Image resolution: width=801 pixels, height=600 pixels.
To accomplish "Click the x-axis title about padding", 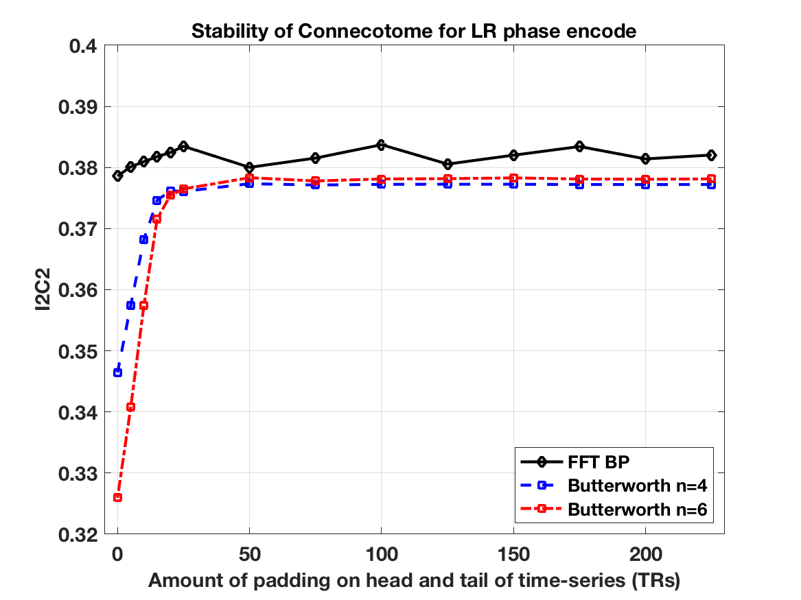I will pos(414,581).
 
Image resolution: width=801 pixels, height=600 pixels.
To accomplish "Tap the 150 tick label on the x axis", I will pos(512,553).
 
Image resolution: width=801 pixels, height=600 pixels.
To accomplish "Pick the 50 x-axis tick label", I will pos(249,553).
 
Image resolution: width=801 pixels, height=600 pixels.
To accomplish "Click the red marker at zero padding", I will pos(117,497).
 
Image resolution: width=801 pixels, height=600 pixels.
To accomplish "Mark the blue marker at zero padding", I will pos(117,372).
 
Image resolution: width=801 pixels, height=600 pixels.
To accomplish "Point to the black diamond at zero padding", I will pos(117,176).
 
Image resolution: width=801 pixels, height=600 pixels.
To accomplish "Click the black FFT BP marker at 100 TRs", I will pos(380,145).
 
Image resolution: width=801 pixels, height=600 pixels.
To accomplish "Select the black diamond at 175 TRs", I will pos(579,146).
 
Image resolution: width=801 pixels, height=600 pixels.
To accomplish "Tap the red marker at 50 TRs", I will pos(249,178).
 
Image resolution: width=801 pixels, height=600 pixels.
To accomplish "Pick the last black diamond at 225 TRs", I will pos(711,155).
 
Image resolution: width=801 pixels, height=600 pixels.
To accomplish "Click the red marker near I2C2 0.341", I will pos(130,407).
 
